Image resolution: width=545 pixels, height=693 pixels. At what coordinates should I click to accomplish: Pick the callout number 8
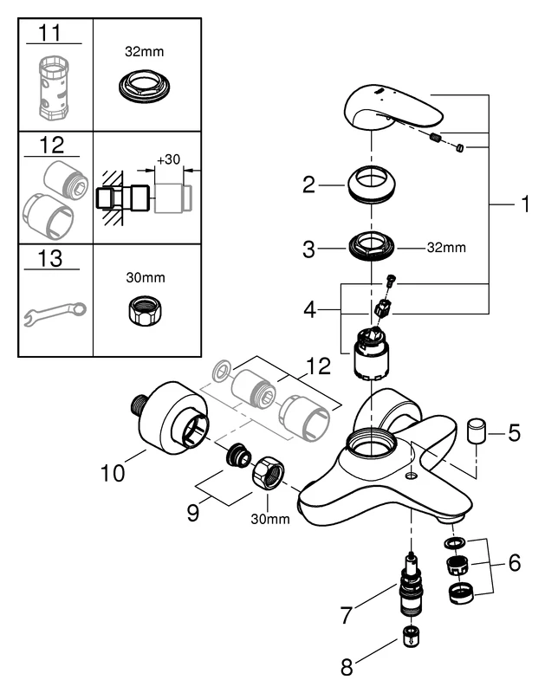coord(348,667)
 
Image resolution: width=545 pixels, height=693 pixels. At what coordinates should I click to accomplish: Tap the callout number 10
coord(112,473)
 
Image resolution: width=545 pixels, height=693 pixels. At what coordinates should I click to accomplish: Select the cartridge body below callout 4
coord(369,354)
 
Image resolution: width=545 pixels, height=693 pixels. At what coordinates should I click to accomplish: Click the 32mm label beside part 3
coord(446,248)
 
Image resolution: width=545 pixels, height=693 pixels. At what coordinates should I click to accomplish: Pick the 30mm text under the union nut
coord(269,519)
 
